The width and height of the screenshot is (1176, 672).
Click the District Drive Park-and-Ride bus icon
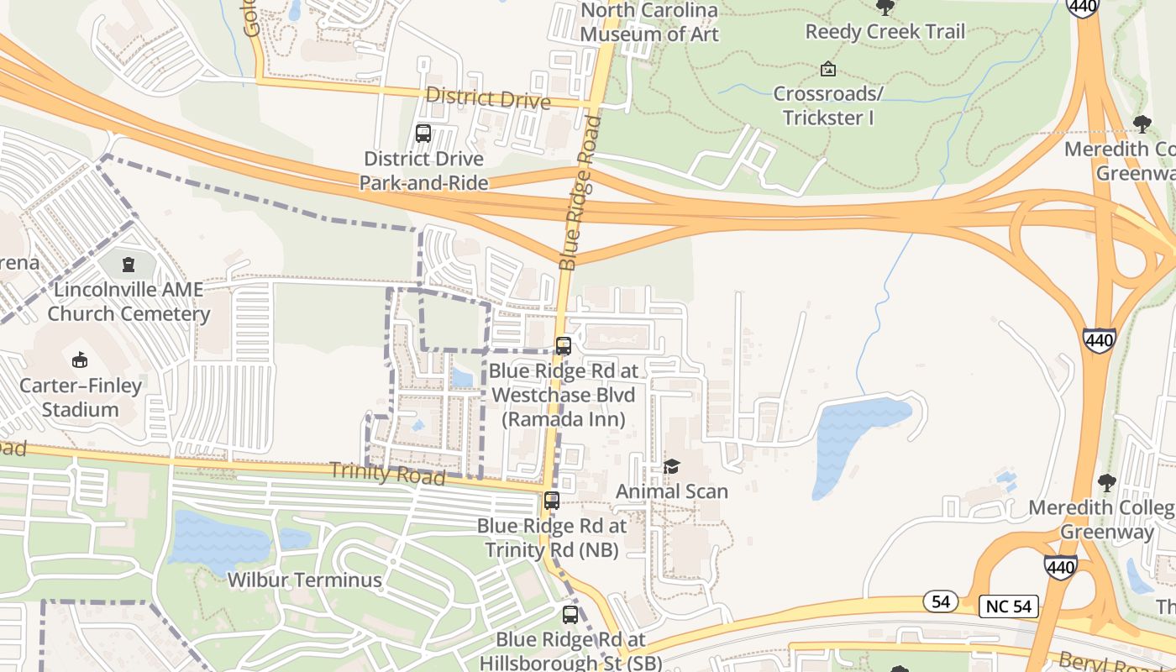pyautogui.click(x=423, y=133)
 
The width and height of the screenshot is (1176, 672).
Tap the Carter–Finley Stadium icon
pyautogui.click(x=80, y=360)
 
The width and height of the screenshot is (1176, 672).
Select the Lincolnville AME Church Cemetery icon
pyautogui.click(x=128, y=265)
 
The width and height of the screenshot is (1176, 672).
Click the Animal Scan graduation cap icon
pyautogui.click(x=671, y=466)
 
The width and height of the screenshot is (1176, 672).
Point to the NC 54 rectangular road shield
pyautogui.click(x=1009, y=606)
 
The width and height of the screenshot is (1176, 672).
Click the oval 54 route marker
pyautogui.click(x=941, y=601)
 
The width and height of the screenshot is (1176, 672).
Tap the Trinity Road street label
pyautogui.click(x=387, y=473)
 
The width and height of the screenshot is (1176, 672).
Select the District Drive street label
pyautogui.click(x=487, y=98)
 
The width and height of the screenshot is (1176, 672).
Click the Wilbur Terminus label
pyautogui.click(x=305, y=580)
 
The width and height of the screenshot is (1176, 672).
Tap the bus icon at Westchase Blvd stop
pyautogui.click(x=564, y=345)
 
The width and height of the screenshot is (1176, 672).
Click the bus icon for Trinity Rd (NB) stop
pyautogui.click(x=551, y=501)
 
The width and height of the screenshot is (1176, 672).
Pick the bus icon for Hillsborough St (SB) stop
pyautogui.click(x=570, y=614)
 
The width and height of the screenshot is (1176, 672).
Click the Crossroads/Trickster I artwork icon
pyautogui.click(x=828, y=69)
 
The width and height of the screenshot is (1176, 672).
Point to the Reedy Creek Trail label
pyautogui.click(x=885, y=32)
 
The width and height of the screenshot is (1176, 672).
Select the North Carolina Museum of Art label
pyautogui.click(x=649, y=23)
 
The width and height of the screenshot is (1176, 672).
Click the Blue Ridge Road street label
pyautogui.click(x=581, y=193)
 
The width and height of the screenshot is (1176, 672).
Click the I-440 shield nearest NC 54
pyautogui.click(x=1061, y=567)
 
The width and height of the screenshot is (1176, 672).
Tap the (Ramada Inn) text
pyautogui.click(x=564, y=419)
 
